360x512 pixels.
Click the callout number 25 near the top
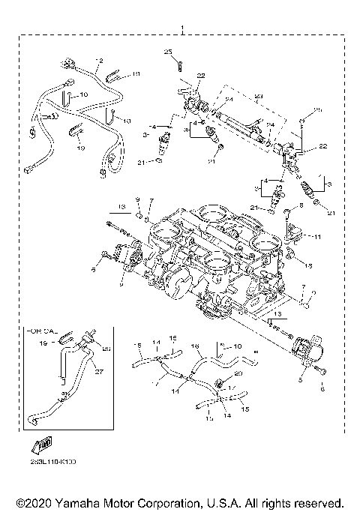pos(168,50)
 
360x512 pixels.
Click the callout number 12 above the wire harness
pos(98,60)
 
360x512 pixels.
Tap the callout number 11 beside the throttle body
pos(317,237)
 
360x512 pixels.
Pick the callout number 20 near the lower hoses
pos(240,372)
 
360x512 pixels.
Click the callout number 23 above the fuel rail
pos(260,96)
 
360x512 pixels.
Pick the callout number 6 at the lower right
pos(323,388)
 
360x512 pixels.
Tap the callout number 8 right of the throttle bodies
pos(301,205)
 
